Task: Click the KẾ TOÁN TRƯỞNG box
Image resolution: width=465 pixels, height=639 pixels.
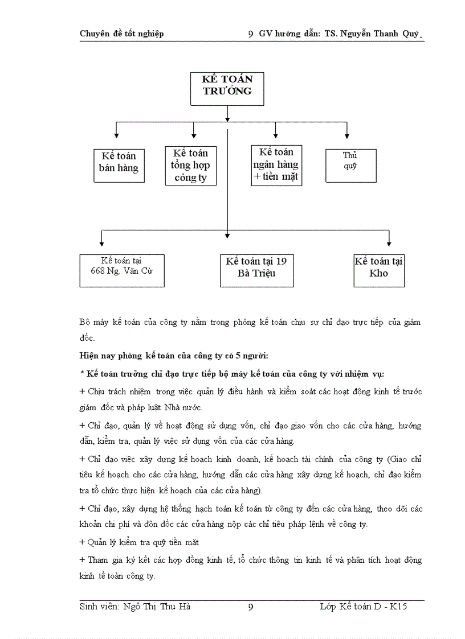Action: click(227, 88)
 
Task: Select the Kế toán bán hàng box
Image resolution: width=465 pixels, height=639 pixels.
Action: click(119, 165)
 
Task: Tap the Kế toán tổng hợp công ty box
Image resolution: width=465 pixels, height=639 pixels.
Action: click(190, 166)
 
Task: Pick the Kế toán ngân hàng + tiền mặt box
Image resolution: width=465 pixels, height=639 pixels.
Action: click(276, 165)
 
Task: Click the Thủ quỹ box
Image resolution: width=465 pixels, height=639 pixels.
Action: click(350, 165)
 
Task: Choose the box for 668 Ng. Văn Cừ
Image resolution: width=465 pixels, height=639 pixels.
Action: click(122, 270)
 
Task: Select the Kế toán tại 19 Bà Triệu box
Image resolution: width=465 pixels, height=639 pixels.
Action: click(256, 270)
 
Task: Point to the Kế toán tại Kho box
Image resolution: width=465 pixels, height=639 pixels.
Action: click(379, 270)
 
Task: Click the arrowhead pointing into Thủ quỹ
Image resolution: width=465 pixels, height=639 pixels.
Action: click(347, 135)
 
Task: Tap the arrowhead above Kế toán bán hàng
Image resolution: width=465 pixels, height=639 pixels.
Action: click(116, 135)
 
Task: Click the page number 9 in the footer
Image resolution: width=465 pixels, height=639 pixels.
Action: click(251, 607)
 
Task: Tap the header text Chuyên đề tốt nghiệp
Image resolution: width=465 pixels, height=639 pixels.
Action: click(121, 34)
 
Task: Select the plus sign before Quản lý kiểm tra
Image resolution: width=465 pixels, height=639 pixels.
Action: click(82, 542)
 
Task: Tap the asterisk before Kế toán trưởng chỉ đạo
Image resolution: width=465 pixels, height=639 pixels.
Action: click(81, 373)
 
